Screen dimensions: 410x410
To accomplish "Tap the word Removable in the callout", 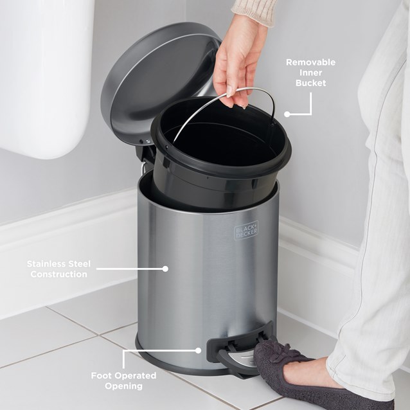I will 310,62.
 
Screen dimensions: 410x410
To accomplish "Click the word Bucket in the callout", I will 310,83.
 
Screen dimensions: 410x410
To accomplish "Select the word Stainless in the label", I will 49,263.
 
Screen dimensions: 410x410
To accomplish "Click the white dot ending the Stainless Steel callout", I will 165,269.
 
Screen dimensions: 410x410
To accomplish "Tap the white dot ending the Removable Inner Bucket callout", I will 287,114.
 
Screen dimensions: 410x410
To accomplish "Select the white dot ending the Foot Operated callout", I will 199,350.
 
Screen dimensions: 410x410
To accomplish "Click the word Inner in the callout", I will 311,73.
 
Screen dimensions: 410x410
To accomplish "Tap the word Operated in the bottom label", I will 141,375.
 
